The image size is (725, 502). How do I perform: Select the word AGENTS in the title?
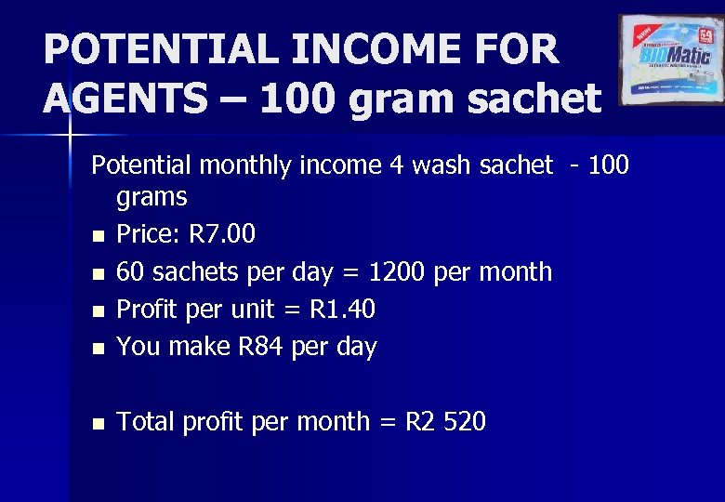125,98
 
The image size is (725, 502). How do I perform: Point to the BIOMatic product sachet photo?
672,59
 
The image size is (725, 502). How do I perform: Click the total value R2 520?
445,422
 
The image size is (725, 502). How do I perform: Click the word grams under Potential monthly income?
152,197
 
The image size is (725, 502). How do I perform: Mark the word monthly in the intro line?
243,165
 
